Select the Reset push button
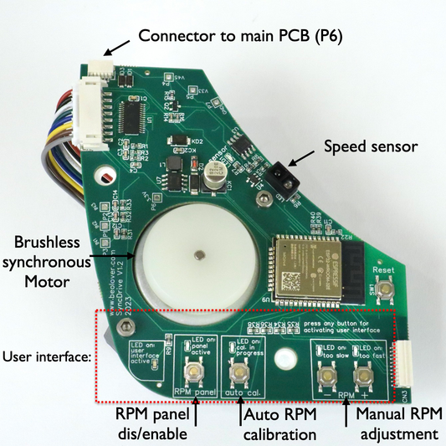click(386, 290)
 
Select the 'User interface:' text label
click(47, 357)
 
